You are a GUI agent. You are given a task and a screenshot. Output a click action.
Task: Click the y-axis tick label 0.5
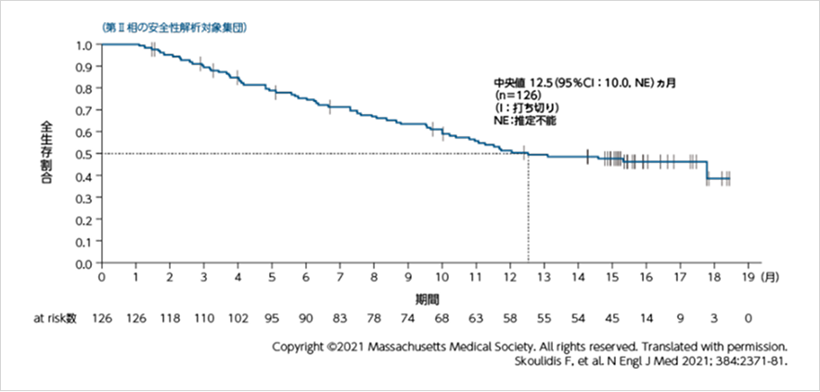click(x=82, y=154)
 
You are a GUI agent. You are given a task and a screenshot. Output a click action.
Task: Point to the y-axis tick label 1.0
click(x=82, y=44)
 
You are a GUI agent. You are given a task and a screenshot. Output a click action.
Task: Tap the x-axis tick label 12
click(x=508, y=277)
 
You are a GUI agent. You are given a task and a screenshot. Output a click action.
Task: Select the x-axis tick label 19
click(x=747, y=277)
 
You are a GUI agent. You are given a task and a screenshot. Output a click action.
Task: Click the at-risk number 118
click(x=170, y=318)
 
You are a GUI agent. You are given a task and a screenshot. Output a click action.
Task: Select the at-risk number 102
click(x=237, y=318)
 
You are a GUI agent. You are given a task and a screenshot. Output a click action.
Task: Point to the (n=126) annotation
click(x=512, y=95)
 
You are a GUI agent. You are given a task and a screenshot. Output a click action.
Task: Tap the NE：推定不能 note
click(x=525, y=121)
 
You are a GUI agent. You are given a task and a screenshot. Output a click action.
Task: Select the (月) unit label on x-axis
click(x=770, y=277)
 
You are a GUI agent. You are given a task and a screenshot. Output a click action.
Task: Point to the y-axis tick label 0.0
click(x=82, y=263)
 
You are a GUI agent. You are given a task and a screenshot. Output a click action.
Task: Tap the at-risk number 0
click(x=748, y=318)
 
